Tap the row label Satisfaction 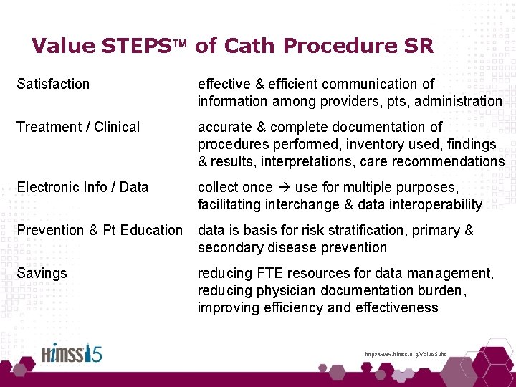[x=53, y=84]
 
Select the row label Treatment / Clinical [x=78, y=127]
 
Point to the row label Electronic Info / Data [x=82, y=187]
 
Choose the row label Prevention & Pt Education [x=100, y=230]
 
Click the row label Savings [x=42, y=273]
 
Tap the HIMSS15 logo [x=71, y=355]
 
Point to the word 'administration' [x=457, y=101]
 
